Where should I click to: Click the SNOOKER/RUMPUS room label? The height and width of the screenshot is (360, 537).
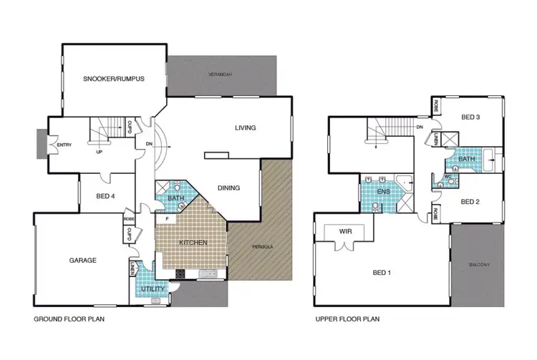tap(114, 79)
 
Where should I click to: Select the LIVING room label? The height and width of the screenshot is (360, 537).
tap(245, 128)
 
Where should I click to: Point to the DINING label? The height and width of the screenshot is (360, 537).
tap(228, 188)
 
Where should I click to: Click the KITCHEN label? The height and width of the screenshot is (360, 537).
tap(194, 243)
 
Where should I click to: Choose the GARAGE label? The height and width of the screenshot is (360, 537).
tap(83, 261)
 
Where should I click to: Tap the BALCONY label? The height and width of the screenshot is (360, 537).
tap(479, 266)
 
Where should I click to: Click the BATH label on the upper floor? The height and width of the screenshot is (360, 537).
tap(467, 159)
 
